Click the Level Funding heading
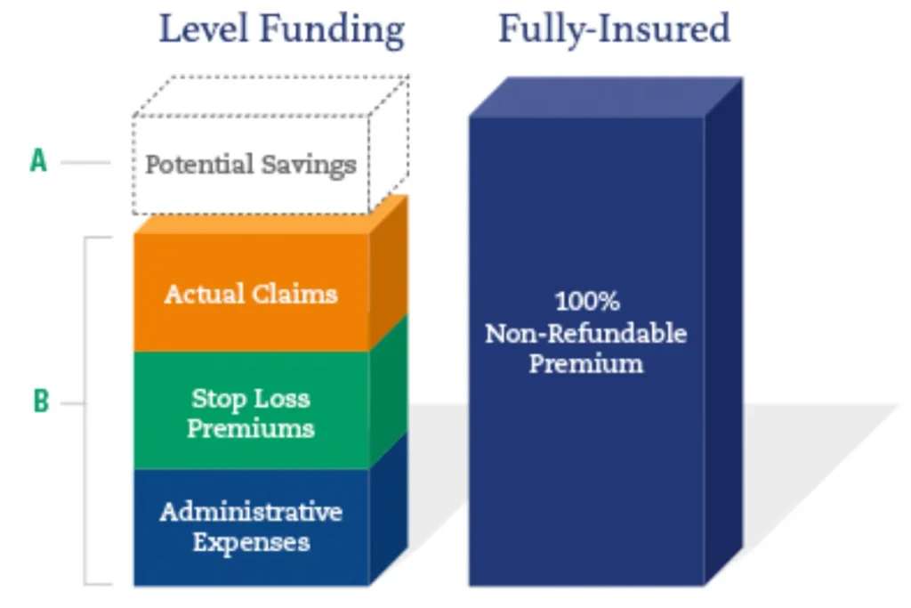pos(281,29)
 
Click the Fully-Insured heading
pos(613,29)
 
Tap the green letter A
pos(38,162)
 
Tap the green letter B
pos(41,402)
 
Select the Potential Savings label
pos(250,165)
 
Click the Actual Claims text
pos(250,294)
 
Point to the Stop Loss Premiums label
pos(250,413)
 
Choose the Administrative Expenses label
pos(250,527)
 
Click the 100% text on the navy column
pos(585,302)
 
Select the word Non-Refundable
pos(585,333)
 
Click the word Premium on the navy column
pos(585,363)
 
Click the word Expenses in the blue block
pos(251,542)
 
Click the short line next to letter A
pos(85,163)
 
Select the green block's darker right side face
pos(388,392)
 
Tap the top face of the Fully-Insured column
pos(605,96)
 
